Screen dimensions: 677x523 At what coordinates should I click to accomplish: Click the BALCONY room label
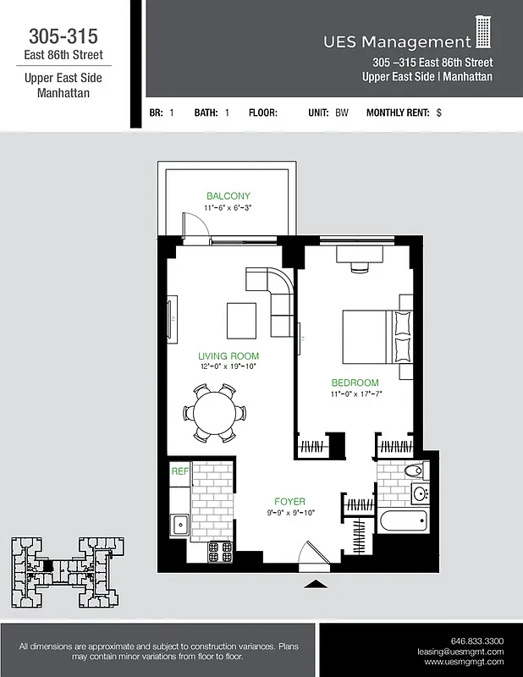(x=228, y=195)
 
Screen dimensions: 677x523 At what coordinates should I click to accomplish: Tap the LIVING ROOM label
(x=228, y=356)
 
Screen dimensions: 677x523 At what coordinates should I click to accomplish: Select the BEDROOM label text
(x=355, y=383)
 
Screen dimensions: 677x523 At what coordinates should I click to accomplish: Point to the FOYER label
(x=289, y=501)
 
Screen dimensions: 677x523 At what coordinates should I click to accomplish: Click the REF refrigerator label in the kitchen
(x=179, y=471)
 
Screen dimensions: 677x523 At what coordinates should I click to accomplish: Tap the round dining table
(x=215, y=413)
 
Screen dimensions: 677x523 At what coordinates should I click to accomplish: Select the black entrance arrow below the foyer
(x=315, y=584)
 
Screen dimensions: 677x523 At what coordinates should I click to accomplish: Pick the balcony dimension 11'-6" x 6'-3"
(x=228, y=207)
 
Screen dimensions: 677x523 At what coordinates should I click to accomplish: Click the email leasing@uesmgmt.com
(x=460, y=652)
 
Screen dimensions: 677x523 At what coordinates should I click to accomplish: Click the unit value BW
(x=341, y=113)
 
